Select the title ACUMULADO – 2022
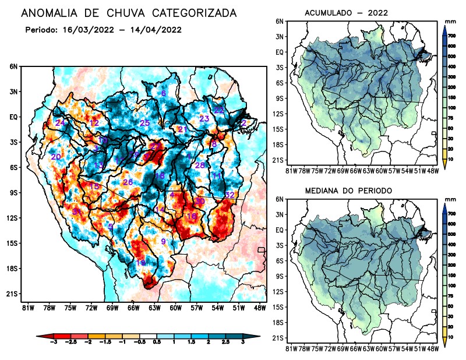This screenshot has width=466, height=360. click(347, 13)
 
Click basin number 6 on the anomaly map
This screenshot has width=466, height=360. click(164, 93)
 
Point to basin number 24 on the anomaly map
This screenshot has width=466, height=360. click(60, 122)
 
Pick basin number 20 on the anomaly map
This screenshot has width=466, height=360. click(56, 157)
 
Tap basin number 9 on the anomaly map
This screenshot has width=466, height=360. click(164, 241)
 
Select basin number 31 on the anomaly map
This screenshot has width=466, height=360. click(77, 211)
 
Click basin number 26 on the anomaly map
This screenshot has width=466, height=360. click(128, 182)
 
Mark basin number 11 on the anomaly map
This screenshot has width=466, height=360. click(217, 176)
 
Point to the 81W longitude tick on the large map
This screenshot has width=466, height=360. click(27, 307)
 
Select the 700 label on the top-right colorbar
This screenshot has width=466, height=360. click(451, 35)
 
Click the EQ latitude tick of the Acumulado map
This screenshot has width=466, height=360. click(280, 52)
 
